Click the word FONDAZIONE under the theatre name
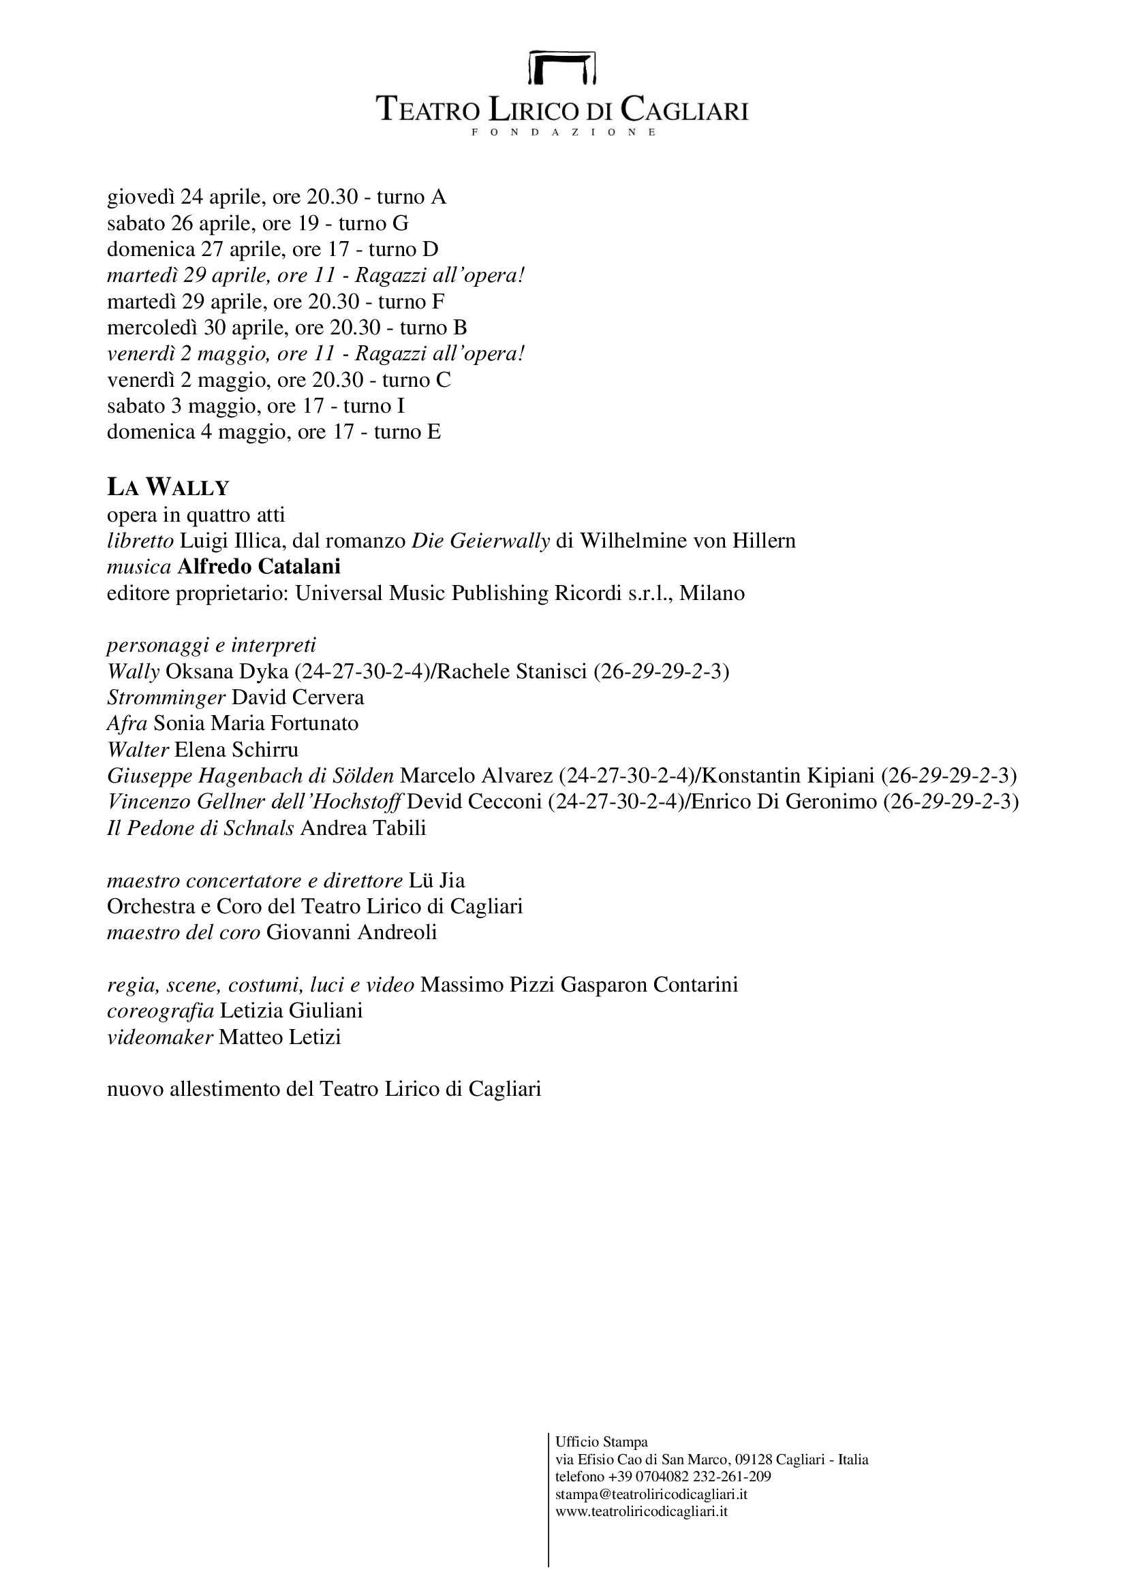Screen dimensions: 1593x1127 click(x=562, y=132)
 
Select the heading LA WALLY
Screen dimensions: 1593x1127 click(x=167, y=488)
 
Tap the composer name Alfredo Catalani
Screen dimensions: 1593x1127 click(x=259, y=567)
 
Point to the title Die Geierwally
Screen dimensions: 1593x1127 click(x=480, y=541)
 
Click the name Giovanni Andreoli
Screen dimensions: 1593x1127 click(x=351, y=932)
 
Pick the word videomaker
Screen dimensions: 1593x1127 click(x=159, y=1037)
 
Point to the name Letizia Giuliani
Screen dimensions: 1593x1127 click(x=291, y=1010)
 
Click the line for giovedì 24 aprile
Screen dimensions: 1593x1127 click(x=276, y=197)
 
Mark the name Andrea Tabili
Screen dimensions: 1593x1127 click(x=363, y=827)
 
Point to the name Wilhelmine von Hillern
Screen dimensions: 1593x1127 click(x=687, y=541)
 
